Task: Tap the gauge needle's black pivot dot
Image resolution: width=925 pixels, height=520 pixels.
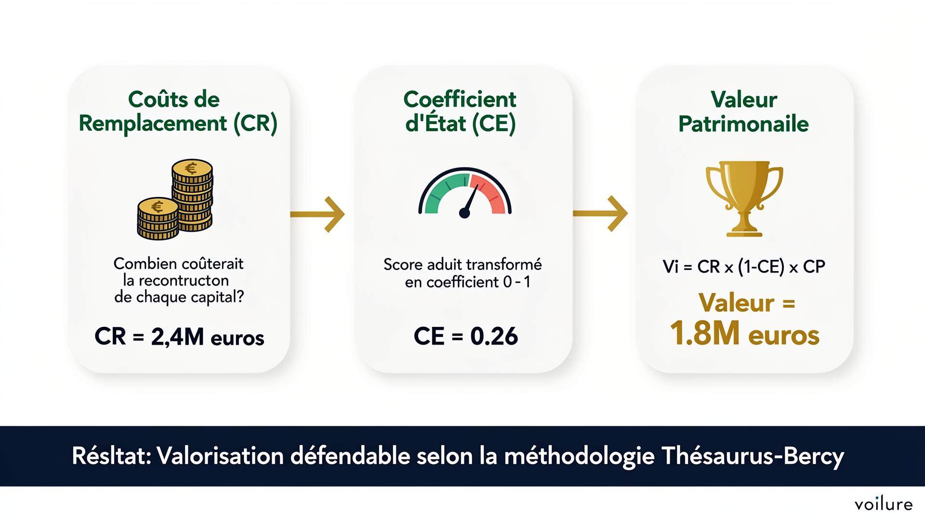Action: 464,212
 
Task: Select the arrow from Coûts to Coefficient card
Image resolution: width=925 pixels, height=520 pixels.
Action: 318,214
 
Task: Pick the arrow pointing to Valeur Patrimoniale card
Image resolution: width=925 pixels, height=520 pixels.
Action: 601,214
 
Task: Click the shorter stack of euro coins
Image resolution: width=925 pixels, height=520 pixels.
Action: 158,219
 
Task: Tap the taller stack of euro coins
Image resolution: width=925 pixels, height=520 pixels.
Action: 193,195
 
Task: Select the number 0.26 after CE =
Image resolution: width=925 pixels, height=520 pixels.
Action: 494,336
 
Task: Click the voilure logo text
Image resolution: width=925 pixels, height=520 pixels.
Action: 884,504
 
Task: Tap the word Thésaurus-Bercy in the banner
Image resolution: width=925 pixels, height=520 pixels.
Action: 753,456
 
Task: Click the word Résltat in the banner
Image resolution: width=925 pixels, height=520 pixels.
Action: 111,456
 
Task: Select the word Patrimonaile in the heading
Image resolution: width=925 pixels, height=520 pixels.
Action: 743,124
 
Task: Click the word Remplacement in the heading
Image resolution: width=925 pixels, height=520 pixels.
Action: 153,123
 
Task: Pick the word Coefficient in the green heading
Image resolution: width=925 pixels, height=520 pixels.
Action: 460,100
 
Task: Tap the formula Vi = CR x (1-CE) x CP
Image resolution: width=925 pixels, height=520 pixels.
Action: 744,266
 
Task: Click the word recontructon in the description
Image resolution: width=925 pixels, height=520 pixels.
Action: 184,280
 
